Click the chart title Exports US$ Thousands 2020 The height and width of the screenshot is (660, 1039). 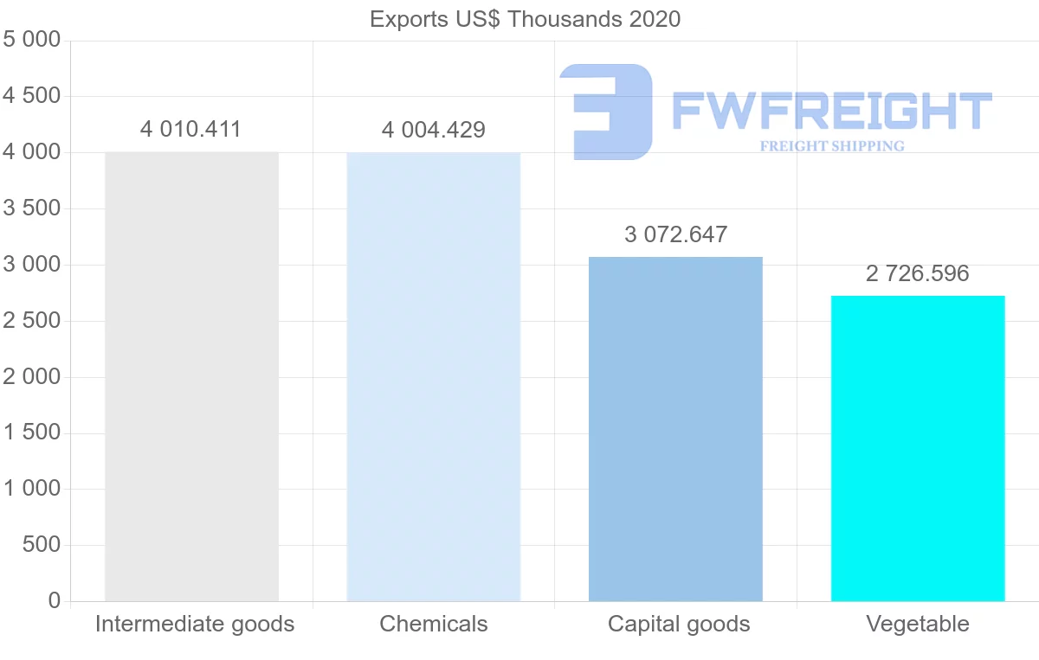pos(525,18)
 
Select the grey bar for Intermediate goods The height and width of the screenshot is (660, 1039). pos(191,376)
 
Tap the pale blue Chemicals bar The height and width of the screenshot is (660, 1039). pos(433,376)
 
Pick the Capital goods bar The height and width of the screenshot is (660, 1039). pos(675,428)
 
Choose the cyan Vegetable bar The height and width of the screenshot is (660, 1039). pos(918,448)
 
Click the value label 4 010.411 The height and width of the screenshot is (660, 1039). pos(190,130)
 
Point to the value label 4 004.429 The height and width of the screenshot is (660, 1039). pos(433,131)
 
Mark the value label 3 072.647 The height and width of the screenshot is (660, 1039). pos(675,234)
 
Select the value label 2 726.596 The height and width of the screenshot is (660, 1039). pos(917,274)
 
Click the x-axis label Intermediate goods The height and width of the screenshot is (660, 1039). pos(195,624)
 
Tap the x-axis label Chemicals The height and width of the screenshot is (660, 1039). pos(433,624)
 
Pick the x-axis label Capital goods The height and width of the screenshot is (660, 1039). pos(679,624)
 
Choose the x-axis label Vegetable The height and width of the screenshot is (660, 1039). pos(918,624)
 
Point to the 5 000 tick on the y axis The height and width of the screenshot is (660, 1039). pos(32,40)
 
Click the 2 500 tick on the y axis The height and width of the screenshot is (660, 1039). pos(32,321)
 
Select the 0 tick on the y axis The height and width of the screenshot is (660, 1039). pos(55,601)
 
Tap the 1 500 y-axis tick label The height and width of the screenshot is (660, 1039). pos(32,433)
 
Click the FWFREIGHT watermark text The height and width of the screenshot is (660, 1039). pos(831,111)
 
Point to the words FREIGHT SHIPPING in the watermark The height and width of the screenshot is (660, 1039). pos(832,146)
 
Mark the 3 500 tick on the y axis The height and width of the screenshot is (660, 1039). pos(32,208)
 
